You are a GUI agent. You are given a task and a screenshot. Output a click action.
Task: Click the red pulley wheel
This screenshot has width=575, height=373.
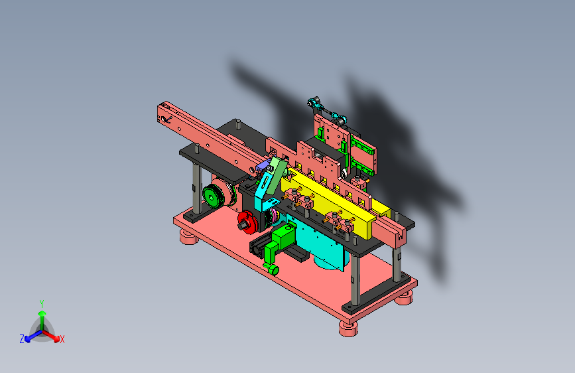click(247, 222)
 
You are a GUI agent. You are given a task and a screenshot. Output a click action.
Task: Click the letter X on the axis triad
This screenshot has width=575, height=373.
click(62, 340)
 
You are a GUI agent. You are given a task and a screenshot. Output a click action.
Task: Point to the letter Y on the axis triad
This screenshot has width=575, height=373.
click(42, 304)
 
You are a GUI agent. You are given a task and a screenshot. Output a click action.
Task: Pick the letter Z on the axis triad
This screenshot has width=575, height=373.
click(22, 339)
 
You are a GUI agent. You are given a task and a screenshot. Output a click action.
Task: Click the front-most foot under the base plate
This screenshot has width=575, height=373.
click(348, 329)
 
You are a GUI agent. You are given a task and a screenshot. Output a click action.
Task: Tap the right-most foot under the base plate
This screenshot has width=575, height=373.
click(404, 297)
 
